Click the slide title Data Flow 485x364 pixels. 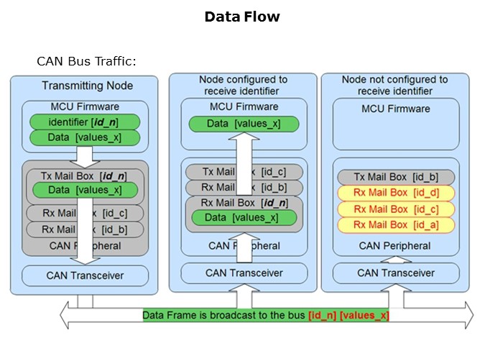pyautogui.click(x=241, y=17)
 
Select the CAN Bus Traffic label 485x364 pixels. pyautogui.click(x=86, y=61)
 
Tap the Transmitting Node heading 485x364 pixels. pyautogui.click(x=87, y=86)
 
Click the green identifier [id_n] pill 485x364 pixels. pyautogui.click(x=85, y=122)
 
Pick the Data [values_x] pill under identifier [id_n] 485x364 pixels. pyautogui.click(x=85, y=137)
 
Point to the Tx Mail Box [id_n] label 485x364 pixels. pyautogui.click(x=85, y=176)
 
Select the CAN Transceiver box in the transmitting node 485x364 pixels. pyautogui.click(x=85, y=276)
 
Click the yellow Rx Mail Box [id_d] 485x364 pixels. pyautogui.click(x=396, y=194)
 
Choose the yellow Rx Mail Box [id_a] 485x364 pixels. pyautogui.click(x=396, y=225)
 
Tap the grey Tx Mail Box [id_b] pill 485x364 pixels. pyautogui.click(x=396, y=178)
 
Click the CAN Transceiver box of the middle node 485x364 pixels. pyautogui.click(x=244, y=273)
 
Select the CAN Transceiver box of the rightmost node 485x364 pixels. pyautogui.click(x=396, y=273)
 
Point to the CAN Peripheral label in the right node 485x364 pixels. pyautogui.click(x=396, y=246)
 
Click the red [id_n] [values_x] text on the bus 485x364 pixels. pyautogui.click(x=348, y=315)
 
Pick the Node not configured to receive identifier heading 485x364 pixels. pyautogui.click(x=394, y=86)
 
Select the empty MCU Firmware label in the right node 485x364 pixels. pyautogui.click(x=396, y=109)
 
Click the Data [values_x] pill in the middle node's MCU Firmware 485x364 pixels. pyautogui.click(x=244, y=124)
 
